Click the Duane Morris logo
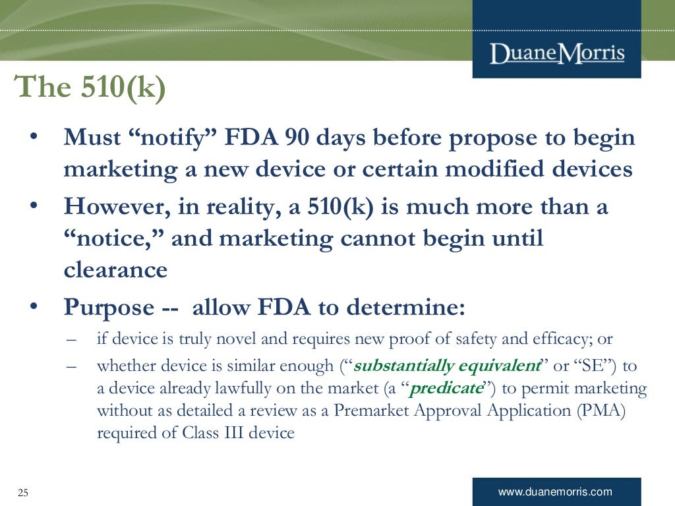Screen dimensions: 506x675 click(x=557, y=52)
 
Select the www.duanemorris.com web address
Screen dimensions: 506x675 click(x=555, y=492)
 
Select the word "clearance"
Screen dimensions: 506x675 click(x=115, y=270)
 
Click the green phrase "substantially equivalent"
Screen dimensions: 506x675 click(x=448, y=366)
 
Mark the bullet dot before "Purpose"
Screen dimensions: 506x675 click(x=34, y=307)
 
